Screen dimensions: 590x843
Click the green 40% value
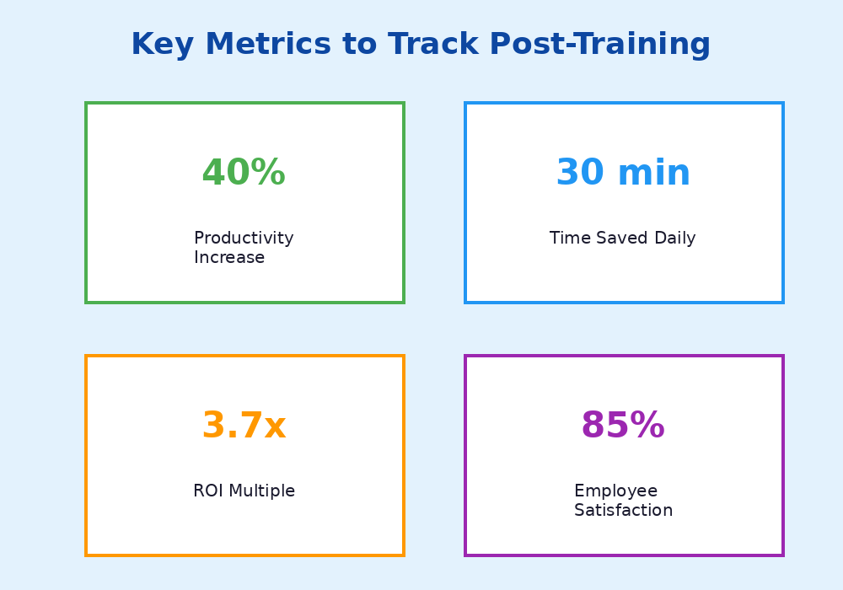(244, 174)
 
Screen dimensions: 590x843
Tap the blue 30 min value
(623, 174)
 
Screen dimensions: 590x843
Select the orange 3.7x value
(244, 426)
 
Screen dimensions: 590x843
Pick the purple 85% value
(623, 426)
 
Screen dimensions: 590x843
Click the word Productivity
(244, 239)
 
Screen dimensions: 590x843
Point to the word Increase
(229, 258)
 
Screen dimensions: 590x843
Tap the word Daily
(675, 239)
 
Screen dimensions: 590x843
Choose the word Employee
(615, 491)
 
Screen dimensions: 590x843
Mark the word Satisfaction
(623, 511)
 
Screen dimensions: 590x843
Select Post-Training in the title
(599, 45)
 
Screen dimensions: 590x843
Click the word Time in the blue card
(569, 239)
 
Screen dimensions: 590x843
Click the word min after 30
(654, 174)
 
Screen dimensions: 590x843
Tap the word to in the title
(361, 45)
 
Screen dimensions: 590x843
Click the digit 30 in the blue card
(580, 174)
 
